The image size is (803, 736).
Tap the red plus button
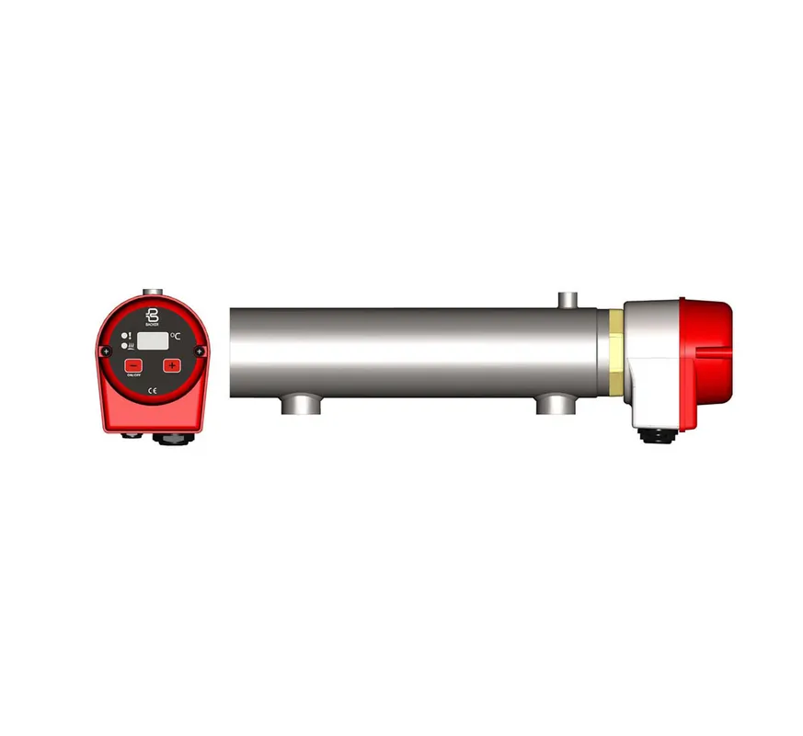click(x=172, y=366)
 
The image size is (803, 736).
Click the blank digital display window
click(x=152, y=340)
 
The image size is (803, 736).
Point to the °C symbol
click(x=175, y=338)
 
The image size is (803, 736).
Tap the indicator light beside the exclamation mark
click(x=126, y=336)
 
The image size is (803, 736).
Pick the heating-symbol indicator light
click(x=126, y=346)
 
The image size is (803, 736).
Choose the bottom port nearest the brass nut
click(x=554, y=402)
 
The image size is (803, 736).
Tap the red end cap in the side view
click(x=706, y=339)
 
